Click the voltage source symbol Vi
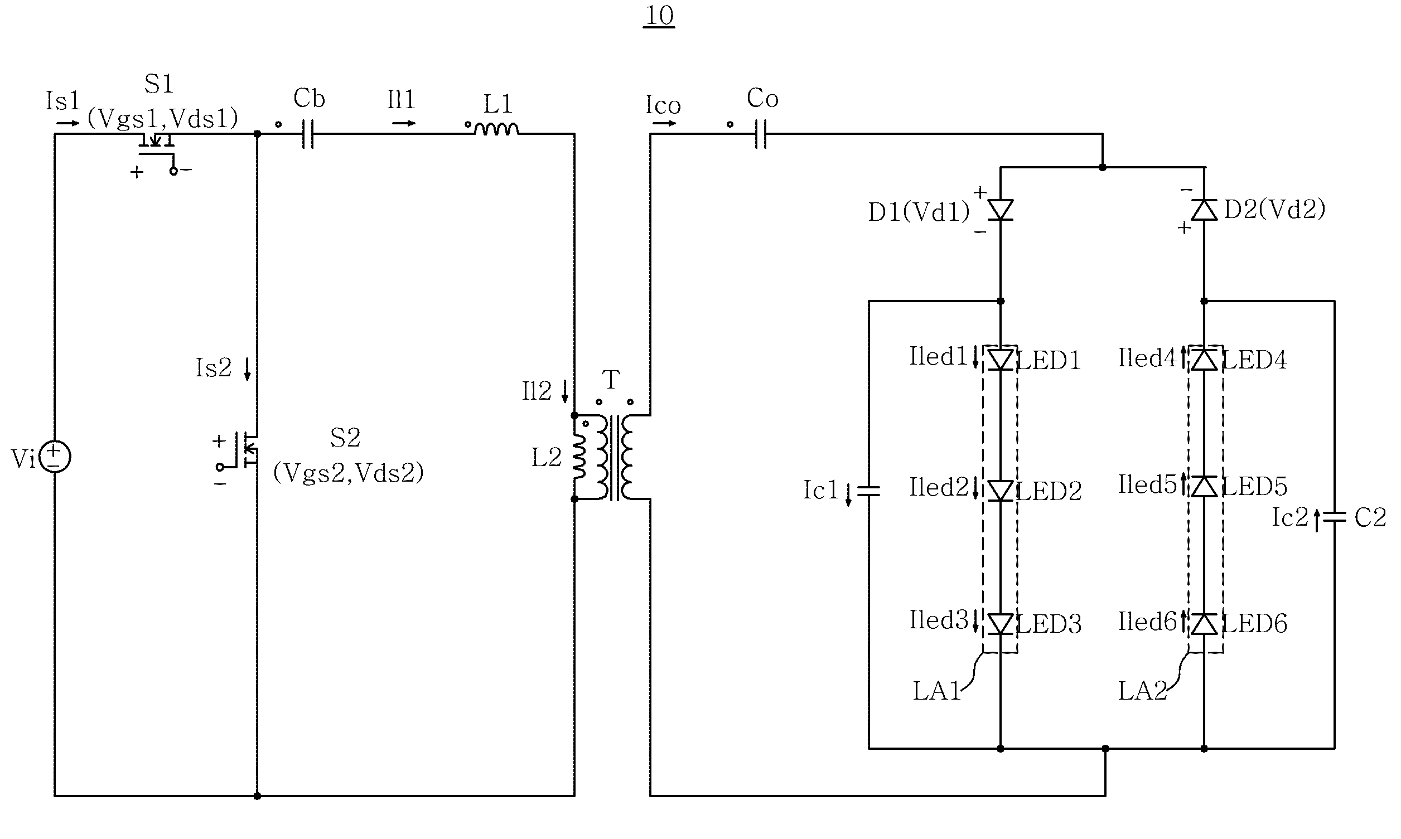pyautogui.click(x=54, y=457)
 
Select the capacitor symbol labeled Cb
pyautogui.click(x=308, y=134)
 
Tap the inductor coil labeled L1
pyautogui.click(x=496, y=129)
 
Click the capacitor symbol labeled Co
pyautogui.click(x=761, y=134)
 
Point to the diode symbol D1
pyautogui.click(x=1000, y=210)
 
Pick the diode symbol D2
pyautogui.click(x=1204, y=210)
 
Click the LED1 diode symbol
pyautogui.click(x=1000, y=360)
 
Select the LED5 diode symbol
pyautogui.click(x=1204, y=486)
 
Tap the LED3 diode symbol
pyautogui.click(x=1000, y=624)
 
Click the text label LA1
pyautogui.click(x=936, y=691)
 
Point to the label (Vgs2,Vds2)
pyautogui.click(x=349, y=473)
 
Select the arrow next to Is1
pyautogui.click(x=68, y=123)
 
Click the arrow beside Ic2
pyautogui.click(x=1317, y=520)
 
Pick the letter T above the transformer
pyautogui.click(x=611, y=380)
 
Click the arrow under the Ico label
pyautogui.click(x=664, y=123)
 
